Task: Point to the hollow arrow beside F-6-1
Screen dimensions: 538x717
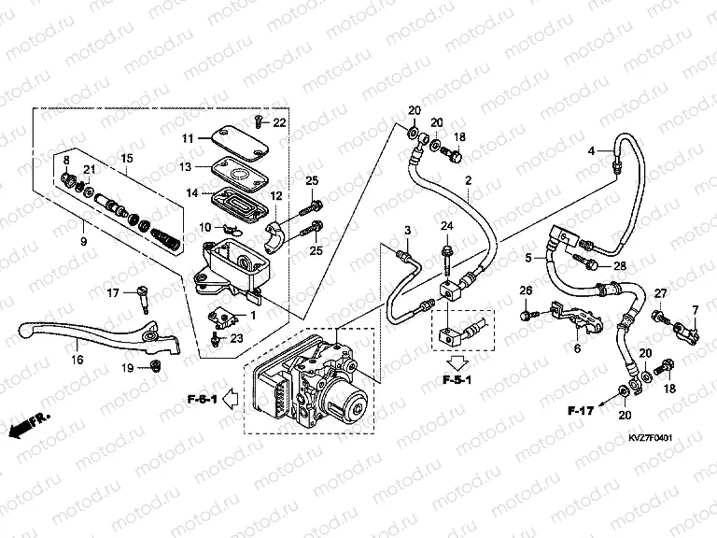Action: click(231, 402)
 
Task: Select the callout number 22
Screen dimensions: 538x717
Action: click(279, 122)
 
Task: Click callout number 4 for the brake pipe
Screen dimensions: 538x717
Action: click(591, 150)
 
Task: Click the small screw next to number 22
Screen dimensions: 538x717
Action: click(258, 120)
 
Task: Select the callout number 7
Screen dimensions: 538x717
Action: click(695, 309)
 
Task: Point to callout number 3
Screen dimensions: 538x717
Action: click(407, 231)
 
